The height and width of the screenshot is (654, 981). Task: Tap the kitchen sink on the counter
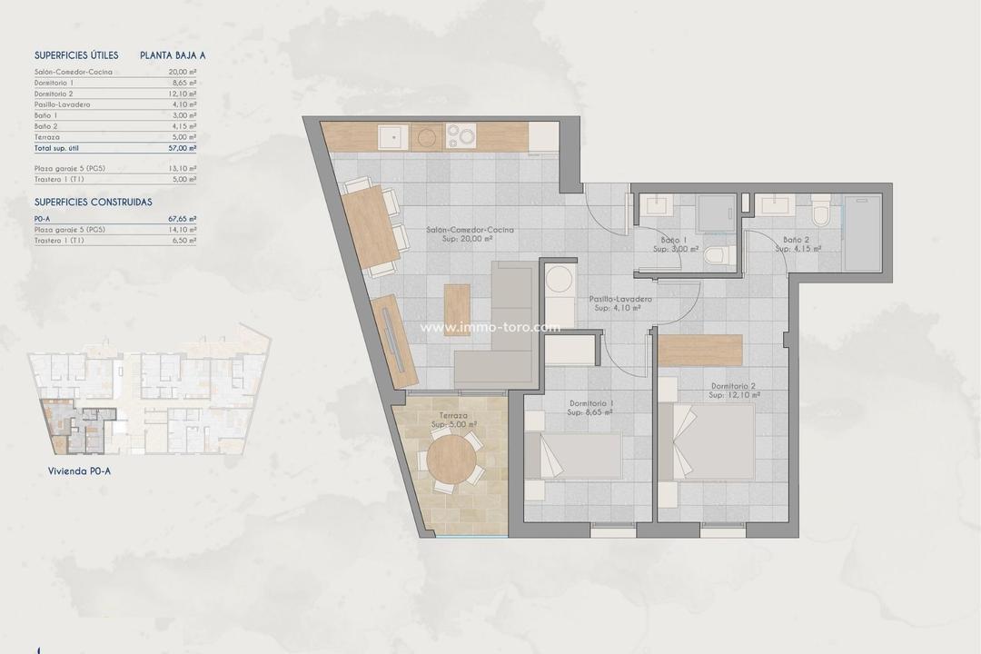[x=392, y=137]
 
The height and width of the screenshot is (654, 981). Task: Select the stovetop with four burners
[x=461, y=137]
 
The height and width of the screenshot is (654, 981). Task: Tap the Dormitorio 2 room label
[x=734, y=391]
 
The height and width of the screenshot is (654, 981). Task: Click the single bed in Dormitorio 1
[x=572, y=455]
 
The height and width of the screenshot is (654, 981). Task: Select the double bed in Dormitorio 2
[x=708, y=441]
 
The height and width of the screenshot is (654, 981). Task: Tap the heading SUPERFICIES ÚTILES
[x=76, y=55]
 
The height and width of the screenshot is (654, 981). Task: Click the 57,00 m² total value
[x=182, y=147]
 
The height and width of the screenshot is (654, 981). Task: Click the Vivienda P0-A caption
[x=79, y=471]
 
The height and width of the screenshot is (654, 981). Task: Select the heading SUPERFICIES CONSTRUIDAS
[x=93, y=202]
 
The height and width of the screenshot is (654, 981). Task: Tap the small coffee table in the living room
[x=457, y=310]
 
